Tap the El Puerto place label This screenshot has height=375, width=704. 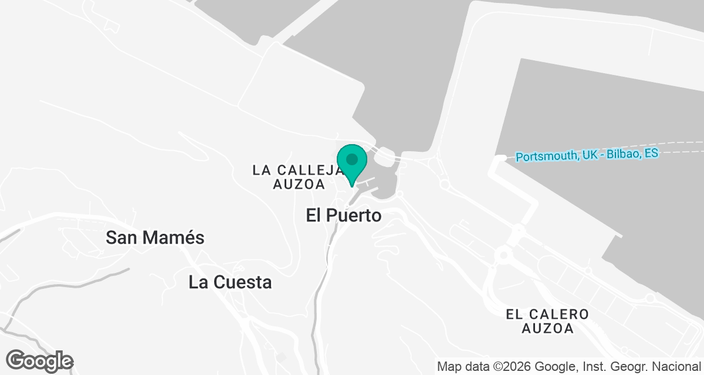tap(344, 216)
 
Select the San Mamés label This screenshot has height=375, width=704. tap(155, 238)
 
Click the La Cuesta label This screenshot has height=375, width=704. tap(230, 282)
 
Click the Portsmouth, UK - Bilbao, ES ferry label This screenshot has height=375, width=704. tap(587, 156)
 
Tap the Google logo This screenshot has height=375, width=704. tap(40, 360)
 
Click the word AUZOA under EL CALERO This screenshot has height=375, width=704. tap(548, 329)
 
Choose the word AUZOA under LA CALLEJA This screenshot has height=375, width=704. tap(299, 185)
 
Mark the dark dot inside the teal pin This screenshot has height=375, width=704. tap(352, 159)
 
